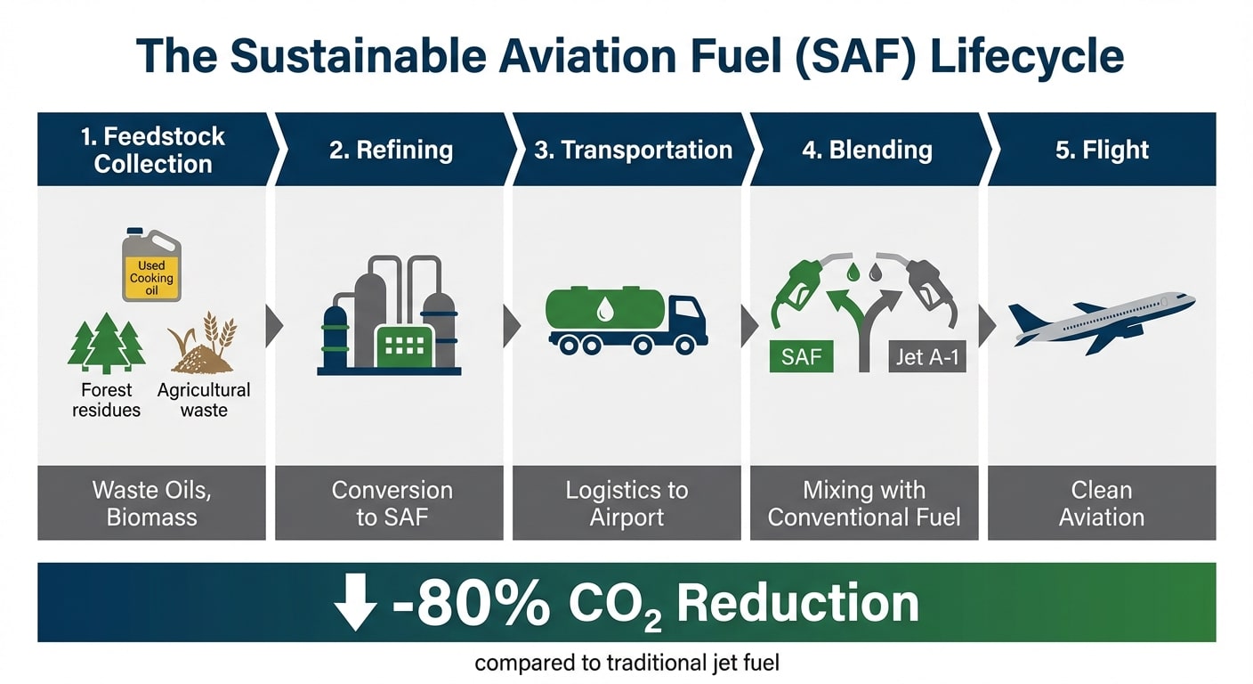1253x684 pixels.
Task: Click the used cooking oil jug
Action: tap(151, 265)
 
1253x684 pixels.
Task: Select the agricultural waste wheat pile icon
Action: tap(204, 346)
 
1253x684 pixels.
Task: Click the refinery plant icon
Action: tap(389, 315)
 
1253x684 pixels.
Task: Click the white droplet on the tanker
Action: tap(605, 309)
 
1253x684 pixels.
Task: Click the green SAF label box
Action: tap(800, 358)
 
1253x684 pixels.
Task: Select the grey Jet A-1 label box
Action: tap(926, 358)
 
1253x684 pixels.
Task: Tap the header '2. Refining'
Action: tap(391, 150)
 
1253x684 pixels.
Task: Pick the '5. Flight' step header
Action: tap(1102, 150)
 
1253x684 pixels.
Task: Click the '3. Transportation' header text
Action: tap(633, 150)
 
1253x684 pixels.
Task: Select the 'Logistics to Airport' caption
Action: tap(626, 503)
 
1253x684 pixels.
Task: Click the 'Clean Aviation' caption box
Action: tap(1102, 503)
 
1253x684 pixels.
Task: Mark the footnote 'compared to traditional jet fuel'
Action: tap(626, 664)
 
